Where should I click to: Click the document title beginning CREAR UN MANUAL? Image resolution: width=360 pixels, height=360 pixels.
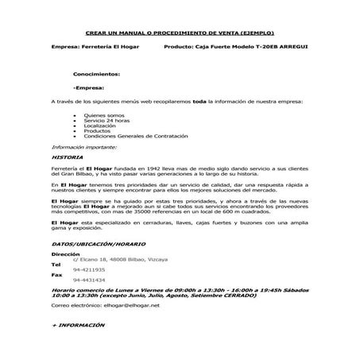click(x=180, y=33)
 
